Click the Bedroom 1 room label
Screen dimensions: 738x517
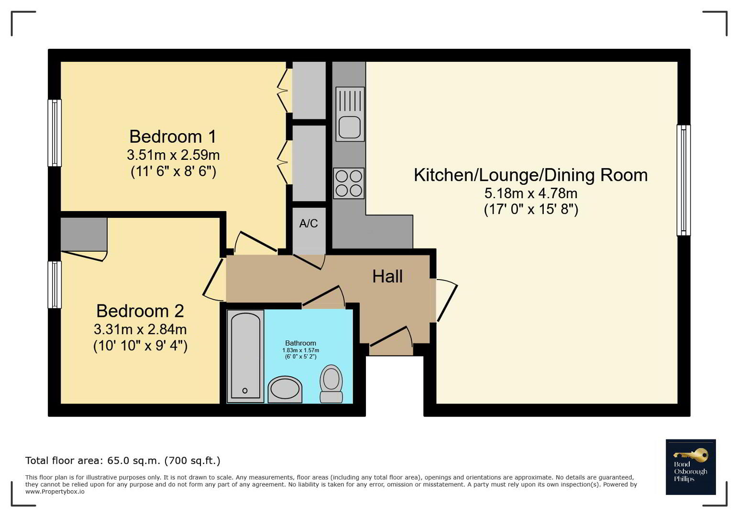pos(173,136)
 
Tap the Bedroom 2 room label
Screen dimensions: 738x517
pos(140,311)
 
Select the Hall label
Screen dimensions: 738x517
pos(387,276)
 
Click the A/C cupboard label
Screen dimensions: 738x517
pos(308,224)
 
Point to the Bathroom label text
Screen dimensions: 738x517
pos(300,343)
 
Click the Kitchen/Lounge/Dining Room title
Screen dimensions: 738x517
pos(530,175)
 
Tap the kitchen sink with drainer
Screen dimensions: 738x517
pos(350,114)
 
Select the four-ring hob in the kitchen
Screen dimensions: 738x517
pos(349,183)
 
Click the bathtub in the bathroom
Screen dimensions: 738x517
pos(245,356)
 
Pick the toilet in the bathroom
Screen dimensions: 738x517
pos(331,383)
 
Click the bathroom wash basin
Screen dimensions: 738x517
pos(285,389)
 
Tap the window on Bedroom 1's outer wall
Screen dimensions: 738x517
pos(55,133)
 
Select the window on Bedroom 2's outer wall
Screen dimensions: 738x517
pos(55,285)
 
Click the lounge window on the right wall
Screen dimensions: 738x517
pos(683,180)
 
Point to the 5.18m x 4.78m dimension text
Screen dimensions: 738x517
pos(530,193)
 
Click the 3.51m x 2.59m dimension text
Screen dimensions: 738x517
pos(173,155)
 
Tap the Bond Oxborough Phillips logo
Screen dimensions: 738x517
pos(691,467)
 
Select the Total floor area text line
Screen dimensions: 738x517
pos(123,461)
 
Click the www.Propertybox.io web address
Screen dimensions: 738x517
pos(55,492)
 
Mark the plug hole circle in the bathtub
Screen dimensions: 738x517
pos(245,391)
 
